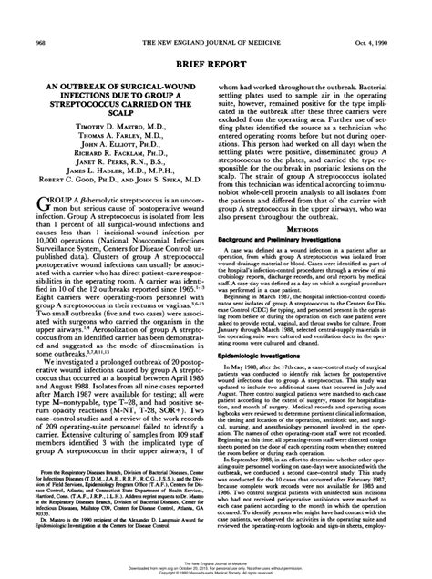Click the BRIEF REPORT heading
[216, 40]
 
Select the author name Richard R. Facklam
[106, 158]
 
